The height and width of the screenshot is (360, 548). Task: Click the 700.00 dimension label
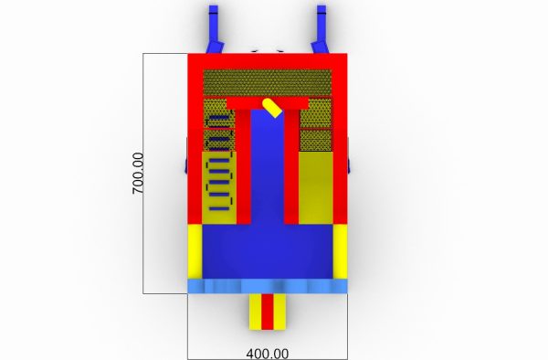(x=138, y=174)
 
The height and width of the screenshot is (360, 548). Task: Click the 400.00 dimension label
(x=268, y=354)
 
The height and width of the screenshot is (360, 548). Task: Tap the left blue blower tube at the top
(x=214, y=29)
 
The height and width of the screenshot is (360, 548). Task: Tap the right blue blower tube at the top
(x=321, y=29)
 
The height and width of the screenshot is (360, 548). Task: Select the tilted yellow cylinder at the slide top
(x=272, y=108)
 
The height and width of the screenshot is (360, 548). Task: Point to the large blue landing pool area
(x=268, y=251)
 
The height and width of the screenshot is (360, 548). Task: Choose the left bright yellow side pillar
(x=195, y=251)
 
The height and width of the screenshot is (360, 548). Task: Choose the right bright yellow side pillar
(x=340, y=251)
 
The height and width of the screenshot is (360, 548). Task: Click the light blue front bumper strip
(x=268, y=286)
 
